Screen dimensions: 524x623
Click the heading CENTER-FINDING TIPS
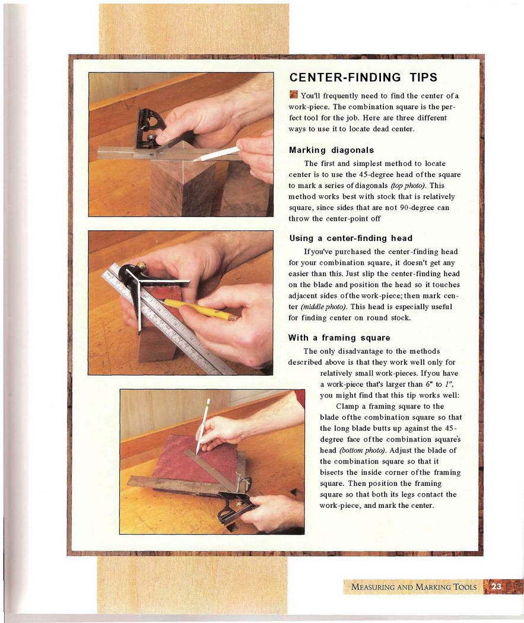pos(363,77)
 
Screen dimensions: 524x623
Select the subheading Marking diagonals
pos(331,150)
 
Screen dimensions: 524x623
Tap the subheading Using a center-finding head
pos(351,238)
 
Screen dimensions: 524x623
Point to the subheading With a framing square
pos(339,338)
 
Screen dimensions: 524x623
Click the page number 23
pos(496,586)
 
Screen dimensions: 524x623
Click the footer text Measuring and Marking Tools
pos(414,587)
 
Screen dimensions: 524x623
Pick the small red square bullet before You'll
pos(294,94)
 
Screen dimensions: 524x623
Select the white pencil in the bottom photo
pos(202,425)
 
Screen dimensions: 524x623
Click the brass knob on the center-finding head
pos(141,265)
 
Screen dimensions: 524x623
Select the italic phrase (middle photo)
pos(324,307)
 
